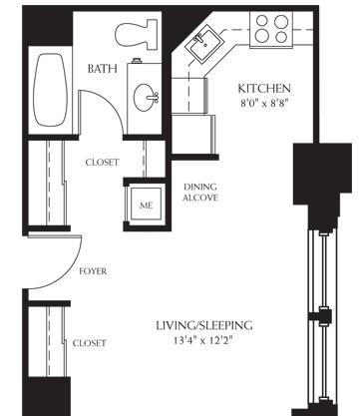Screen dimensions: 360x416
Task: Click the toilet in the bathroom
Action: pyautogui.click(x=137, y=34)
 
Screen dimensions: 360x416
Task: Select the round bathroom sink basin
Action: pyautogui.click(x=144, y=97)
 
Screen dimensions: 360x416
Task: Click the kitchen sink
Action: pyautogui.click(x=203, y=45)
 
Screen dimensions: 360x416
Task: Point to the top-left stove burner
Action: pyautogui.click(x=262, y=21)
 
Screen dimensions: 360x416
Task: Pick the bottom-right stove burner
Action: pyautogui.click(x=281, y=36)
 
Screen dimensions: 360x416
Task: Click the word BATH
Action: pyautogui.click(x=103, y=69)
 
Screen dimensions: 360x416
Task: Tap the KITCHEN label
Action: pyautogui.click(x=264, y=89)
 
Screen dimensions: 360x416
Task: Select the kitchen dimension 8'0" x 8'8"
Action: pyautogui.click(x=264, y=103)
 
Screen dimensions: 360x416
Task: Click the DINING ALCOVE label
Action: pyautogui.click(x=200, y=193)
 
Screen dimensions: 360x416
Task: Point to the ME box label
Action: pyautogui.click(x=147, y=206)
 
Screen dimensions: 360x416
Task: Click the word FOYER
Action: pyautogui.click(x=93, y=271)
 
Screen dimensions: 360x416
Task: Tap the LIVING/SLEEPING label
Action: pyautogui.click(x=204, y=325)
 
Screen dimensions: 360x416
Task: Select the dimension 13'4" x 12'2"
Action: pyautogui.click(x=202, y=341)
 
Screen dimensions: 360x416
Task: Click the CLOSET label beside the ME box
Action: pyautogui.click(x=102, y=163)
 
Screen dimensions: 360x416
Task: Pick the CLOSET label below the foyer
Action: pyautogui.click(x=90, y=343)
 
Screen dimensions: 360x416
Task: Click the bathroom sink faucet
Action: pyautogui.click(x=155, y=98)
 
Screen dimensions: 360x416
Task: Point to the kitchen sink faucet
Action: pyautogui.click(x=198, y=39)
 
